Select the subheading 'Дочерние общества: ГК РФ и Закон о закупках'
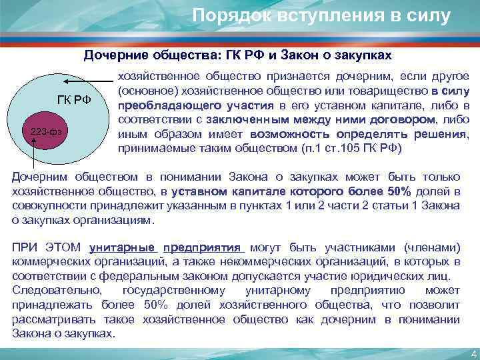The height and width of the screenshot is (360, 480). tap(237, 54)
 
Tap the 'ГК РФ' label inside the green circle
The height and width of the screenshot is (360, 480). tap(75, 100)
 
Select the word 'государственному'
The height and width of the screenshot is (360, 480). tap(174, 291)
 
